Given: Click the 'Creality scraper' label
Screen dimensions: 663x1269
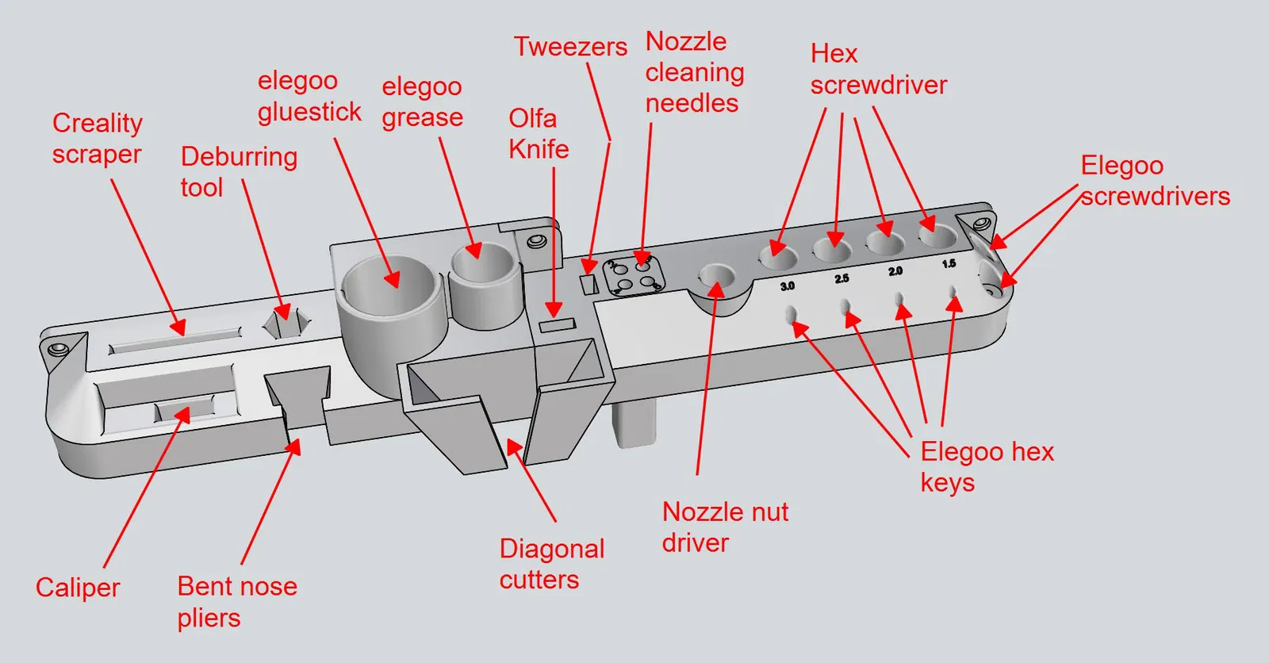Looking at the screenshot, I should click(97, 138).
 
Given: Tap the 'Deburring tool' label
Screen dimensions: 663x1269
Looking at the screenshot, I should click(238, 171).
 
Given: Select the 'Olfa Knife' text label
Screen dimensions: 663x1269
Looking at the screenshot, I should click(539, 133).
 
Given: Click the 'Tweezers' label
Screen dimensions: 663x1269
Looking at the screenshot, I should click(570, 47).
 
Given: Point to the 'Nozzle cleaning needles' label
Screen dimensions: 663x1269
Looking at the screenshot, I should click(694, 72).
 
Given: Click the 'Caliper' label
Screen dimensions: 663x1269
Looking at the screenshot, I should click(78, 588).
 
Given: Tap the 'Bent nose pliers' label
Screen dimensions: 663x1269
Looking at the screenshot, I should click(237, 602).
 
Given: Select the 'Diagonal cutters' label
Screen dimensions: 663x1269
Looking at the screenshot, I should click(551, 564).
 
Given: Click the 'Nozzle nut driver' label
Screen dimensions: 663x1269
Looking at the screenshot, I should click(725, 527).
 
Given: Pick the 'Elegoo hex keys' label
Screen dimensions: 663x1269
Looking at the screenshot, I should click(987, 467).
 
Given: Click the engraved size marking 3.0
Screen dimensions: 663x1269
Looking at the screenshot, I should click(787, 286).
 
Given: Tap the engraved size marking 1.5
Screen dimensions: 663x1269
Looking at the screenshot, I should click(949, 264).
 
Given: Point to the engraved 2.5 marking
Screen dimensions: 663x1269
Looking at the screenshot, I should click(842, 278).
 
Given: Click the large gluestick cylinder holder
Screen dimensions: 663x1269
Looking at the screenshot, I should click(390, 286).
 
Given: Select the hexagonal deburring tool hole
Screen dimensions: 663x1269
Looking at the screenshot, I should click(286, 322).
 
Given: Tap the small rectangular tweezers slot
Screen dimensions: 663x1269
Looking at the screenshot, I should click(588, 284).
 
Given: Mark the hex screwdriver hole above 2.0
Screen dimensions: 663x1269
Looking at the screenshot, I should click(884, 242).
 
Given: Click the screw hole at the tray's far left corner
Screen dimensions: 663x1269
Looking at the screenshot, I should click(57, 349).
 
